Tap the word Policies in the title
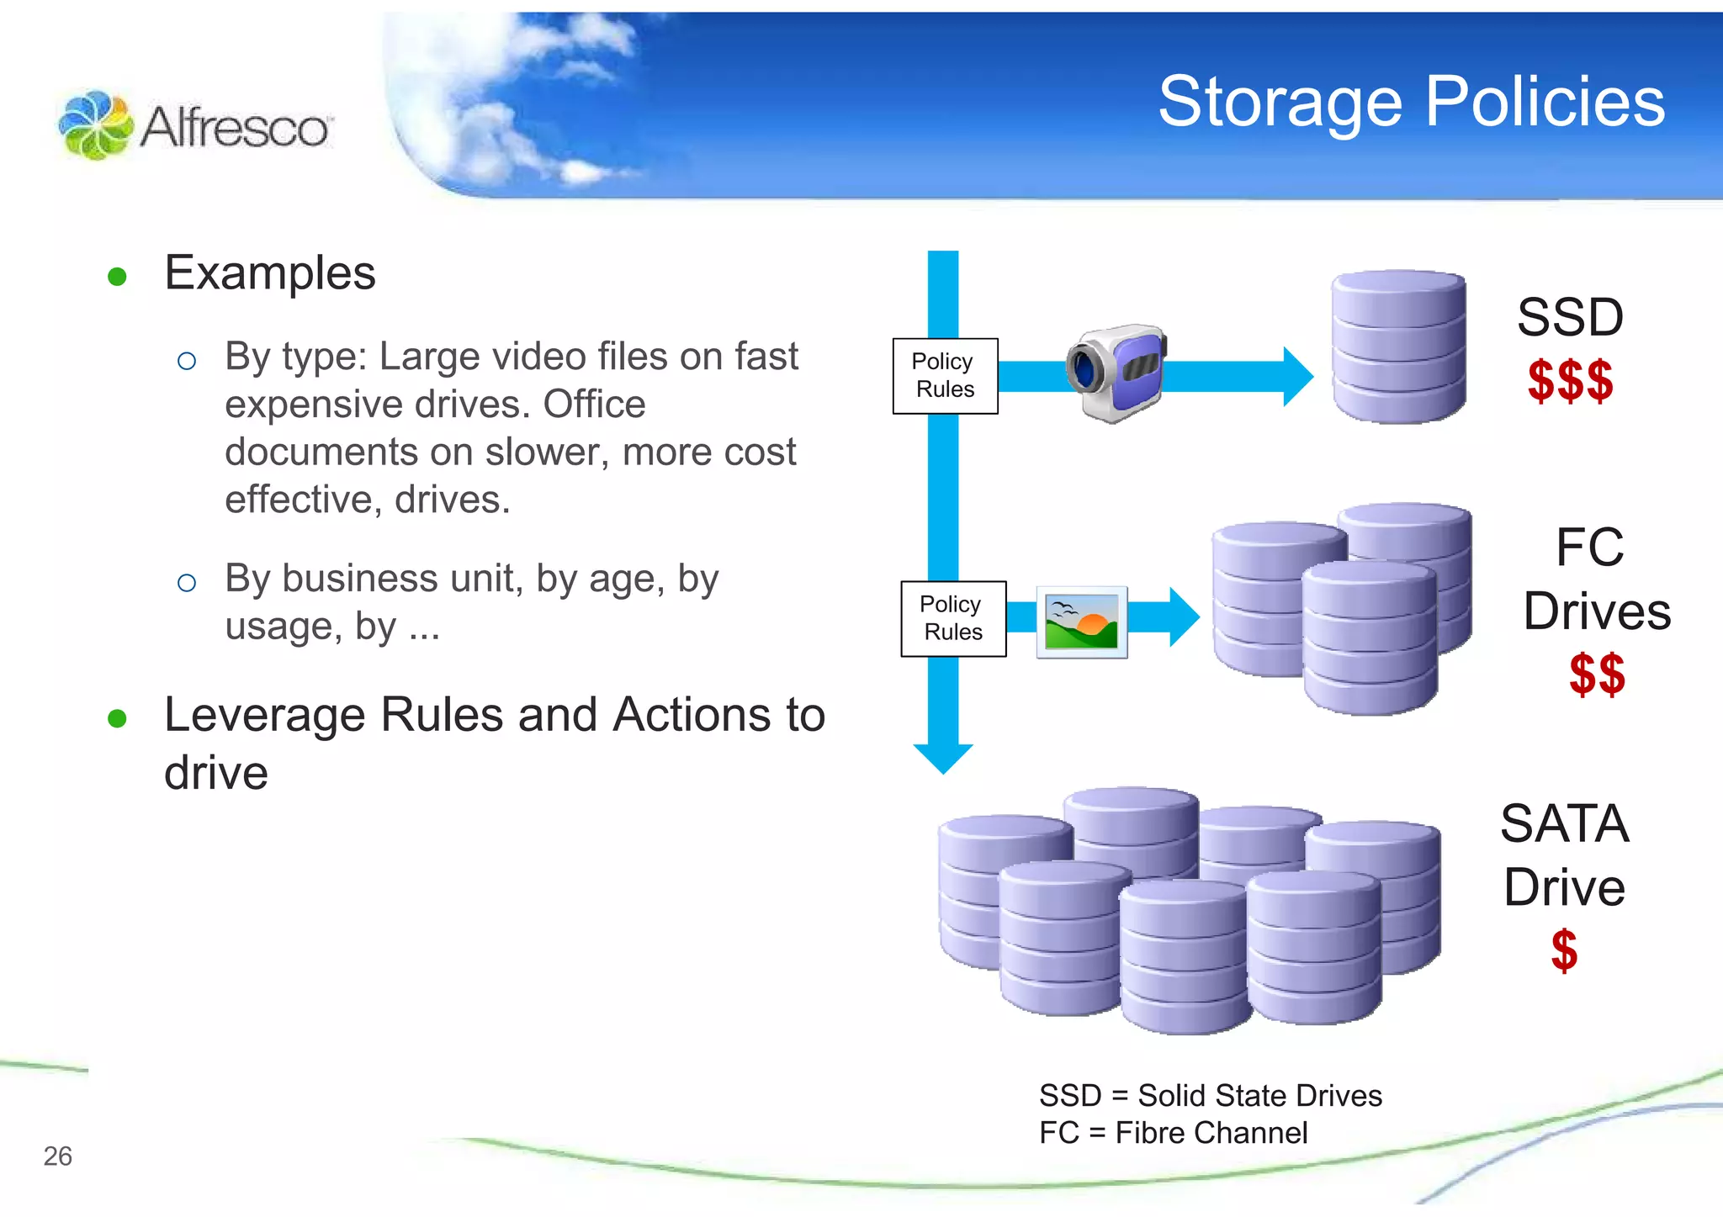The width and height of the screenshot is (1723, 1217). tap(1545, 101)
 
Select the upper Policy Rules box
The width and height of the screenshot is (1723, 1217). tap(945, 376)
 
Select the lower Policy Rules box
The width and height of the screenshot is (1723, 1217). tap(953, 618)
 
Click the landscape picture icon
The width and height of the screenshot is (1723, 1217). tap(1081, 622)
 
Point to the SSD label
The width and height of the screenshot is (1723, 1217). tap(1569, 318)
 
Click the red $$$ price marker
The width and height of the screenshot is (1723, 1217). tap(1570, 381)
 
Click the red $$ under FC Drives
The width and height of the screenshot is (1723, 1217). tap(1596, 674)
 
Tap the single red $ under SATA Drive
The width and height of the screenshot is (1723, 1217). tap(1564, 950)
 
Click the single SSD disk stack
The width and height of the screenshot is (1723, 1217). tap(1398, 347)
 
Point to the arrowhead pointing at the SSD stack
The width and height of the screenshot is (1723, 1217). tap(1297, 376)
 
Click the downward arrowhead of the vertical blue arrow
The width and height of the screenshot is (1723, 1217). tap(943, 758)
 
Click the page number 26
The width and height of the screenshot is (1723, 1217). tap(57, 1156)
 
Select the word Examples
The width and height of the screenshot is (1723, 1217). tap(269, 273)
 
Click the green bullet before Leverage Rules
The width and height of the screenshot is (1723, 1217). tap(117, 718)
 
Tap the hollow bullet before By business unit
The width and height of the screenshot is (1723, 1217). tap(187, 582)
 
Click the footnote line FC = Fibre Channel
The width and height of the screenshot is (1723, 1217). tap(1173, 1133)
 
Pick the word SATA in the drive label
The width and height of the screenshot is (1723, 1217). tap(1564, 823)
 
